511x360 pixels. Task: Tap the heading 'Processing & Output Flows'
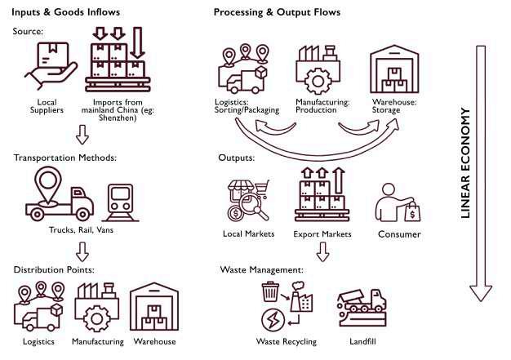(277, 12)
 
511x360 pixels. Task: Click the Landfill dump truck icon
(362, 308)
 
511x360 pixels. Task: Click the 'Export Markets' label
(322, 234)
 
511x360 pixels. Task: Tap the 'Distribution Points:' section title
(55, 269)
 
